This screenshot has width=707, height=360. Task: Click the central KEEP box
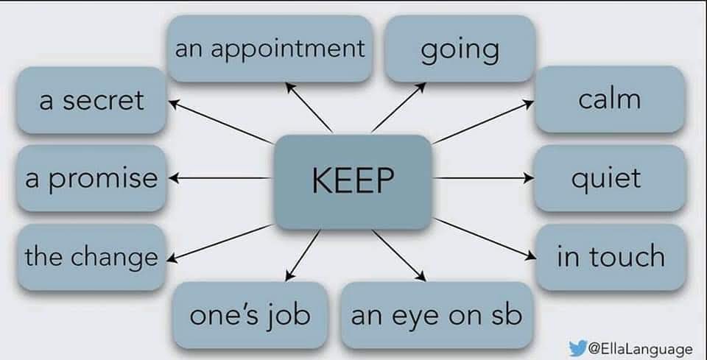(x=352, y=181)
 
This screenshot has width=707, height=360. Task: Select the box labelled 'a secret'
(x=91, y=100)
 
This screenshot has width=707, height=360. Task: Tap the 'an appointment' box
(x=270, y=49)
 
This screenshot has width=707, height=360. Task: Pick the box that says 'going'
(x=460, y=49)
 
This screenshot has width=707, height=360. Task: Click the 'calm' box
(x=609, y=99)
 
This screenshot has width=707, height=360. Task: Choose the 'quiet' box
(x=609, y=178)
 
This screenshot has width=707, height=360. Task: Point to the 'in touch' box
(x=611, y=257)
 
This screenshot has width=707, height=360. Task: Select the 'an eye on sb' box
(x=437, y=315)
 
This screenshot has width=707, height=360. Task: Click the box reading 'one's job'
(x=250, y=315)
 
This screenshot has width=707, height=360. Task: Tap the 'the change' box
(x=91, y=257)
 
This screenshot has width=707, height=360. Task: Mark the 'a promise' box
(x=91, y=178)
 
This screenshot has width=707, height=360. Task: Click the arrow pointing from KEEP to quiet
(x=482, y=178)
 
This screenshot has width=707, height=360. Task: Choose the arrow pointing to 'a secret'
(x=221, y=121)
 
